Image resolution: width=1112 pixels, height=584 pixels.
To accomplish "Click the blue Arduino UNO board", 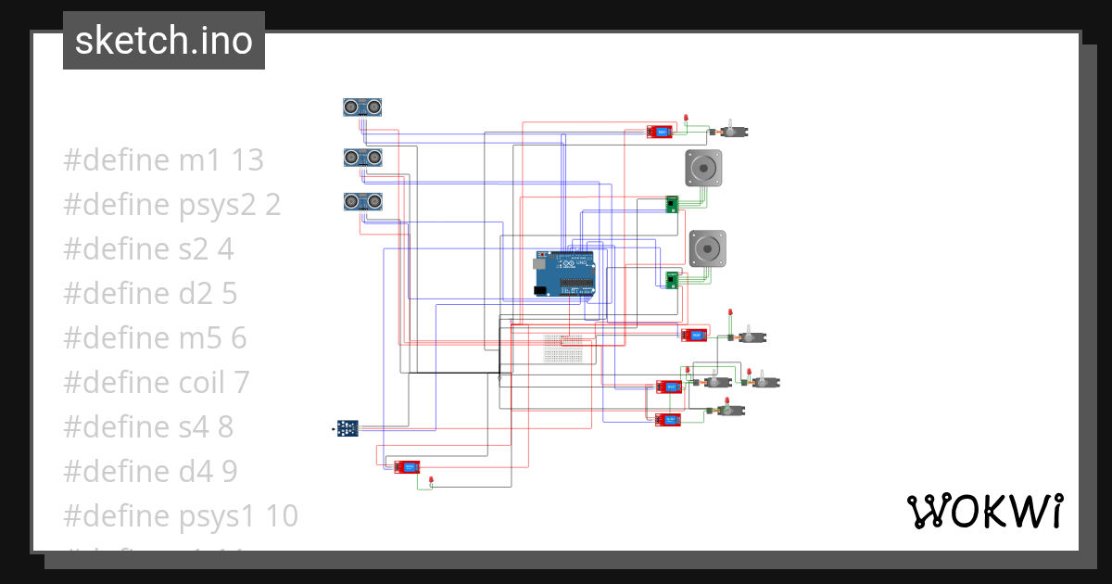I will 563,274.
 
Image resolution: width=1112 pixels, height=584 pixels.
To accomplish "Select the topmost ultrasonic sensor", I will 362,108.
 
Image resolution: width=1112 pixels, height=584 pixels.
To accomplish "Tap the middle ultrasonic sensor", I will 362,159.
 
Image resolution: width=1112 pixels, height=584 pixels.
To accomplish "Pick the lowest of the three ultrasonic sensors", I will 362,201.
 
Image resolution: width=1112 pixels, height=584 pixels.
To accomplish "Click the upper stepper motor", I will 703,168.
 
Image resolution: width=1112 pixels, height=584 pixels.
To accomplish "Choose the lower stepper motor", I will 707,248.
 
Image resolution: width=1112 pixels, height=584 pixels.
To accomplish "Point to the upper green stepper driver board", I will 673,204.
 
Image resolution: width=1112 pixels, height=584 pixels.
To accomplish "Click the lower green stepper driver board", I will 673,278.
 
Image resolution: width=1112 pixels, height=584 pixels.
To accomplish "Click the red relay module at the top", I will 660,132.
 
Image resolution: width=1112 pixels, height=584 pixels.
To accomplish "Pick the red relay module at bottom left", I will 406,467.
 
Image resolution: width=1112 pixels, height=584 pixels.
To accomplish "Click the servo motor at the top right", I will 734,132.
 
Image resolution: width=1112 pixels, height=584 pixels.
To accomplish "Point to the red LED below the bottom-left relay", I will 432,479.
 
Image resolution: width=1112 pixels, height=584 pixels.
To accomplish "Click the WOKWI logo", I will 983,511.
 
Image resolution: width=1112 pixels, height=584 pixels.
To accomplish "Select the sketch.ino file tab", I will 164,41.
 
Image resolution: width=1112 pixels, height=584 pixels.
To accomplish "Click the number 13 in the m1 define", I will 247,160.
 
